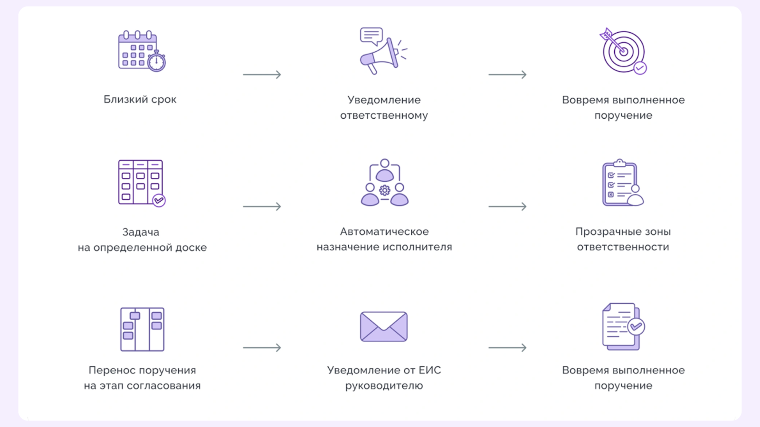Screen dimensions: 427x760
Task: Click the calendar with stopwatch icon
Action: click(x=141, y=51)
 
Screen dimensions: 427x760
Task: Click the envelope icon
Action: click(x=384, y=326)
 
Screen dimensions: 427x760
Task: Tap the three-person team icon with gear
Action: click(x=384, y=183)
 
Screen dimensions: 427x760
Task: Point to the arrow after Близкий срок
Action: click(x=262, y=74)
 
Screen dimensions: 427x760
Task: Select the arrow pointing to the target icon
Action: click(x=507, y=74)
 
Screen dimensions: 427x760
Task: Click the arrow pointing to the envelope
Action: click(x=262, y=348)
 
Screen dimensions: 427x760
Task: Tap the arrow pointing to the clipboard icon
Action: click(x=507, y=206)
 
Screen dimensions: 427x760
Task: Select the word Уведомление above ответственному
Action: click(x=384, y=100)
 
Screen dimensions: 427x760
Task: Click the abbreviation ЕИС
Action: click(x=429, y=370)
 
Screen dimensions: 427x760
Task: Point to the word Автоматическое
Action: click(x=384, y=232)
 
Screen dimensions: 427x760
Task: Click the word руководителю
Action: click(x=384, y=386)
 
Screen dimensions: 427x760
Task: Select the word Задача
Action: click(x=141, y=232)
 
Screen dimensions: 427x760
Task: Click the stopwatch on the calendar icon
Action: click(x=156, y=62)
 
